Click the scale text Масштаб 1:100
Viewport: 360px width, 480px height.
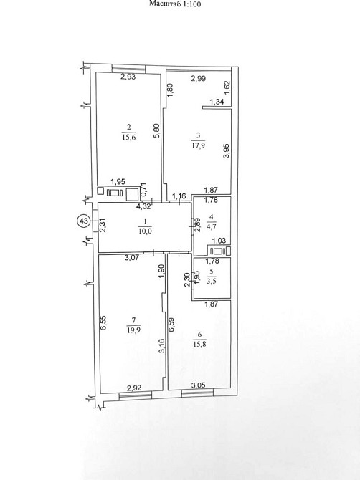pyautogui.click(x=175, y=4)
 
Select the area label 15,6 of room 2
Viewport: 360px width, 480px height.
pyautogui.click(x=129, y=137)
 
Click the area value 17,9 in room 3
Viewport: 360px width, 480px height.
pyautogui.click(x=198, y=145)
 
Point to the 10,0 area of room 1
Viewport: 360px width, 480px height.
pyautogui.click(x=146, y=231)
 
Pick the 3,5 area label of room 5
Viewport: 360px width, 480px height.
pyautogui.click(x=212, y=281)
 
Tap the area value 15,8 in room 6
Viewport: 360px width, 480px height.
pyautogui.click(x=199, y=344)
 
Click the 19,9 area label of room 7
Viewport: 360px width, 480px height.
pyautogui.click(x=133, y=330)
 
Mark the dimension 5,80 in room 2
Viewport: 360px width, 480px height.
pyautogui.click(x=156, y=131)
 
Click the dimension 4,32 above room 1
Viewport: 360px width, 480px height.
pyautogui.click(x=143, y=206)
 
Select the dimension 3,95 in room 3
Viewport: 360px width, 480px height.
pyautogui.click(x=227, y=151)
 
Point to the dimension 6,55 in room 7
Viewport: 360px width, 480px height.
pyautogui.click(x=103, y=323)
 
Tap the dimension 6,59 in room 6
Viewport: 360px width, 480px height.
pyautogui.click(x=171, y=325)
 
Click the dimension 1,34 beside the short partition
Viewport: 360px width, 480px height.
pyautogui.click(x=217, y=102)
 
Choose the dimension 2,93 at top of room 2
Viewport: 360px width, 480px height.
pyautogui.click(x=128, y=77)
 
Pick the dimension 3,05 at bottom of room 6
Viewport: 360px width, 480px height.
pyautogui.click(x=198, y=385)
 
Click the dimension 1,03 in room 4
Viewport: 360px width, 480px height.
pyautogui.click(x=219, y=241)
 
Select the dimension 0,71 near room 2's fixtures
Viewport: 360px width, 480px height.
pyautogui.click(x=143, y=190)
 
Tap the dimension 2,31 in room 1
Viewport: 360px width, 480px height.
pyautogui.click(x=103, y=225)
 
